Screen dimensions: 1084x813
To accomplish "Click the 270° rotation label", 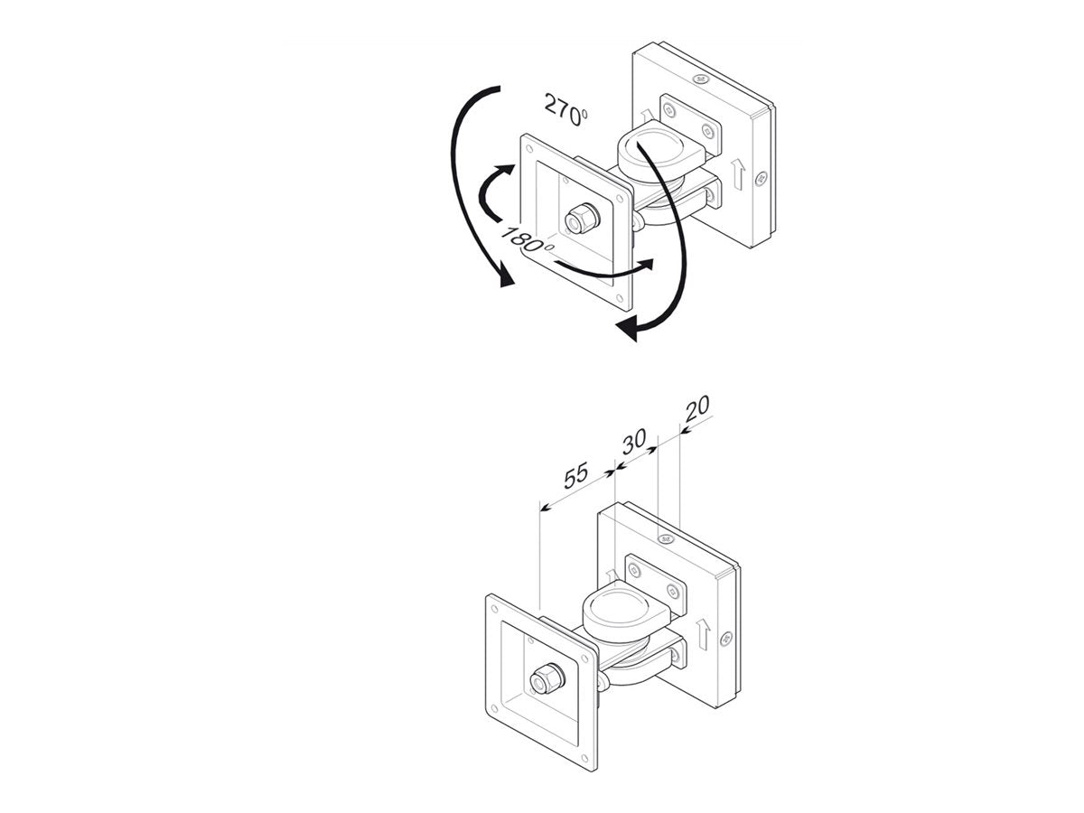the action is [566, 109].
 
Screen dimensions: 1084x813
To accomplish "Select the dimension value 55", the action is [575, 475].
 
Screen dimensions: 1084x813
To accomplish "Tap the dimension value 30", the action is [634, 442].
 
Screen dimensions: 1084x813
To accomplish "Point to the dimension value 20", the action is [696, 408].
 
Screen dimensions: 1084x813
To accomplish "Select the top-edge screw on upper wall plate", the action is [699, 79].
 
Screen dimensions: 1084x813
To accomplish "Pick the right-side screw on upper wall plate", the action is [761, 178].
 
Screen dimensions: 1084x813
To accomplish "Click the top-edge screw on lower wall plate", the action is [665, 538].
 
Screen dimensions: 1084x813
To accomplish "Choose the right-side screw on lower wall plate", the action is [726, 639].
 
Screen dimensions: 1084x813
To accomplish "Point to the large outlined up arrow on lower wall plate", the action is [703, 633].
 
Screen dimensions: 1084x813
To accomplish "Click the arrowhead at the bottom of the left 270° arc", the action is [506, 278].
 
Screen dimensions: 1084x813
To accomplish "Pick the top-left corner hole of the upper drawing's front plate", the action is [530, 147].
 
